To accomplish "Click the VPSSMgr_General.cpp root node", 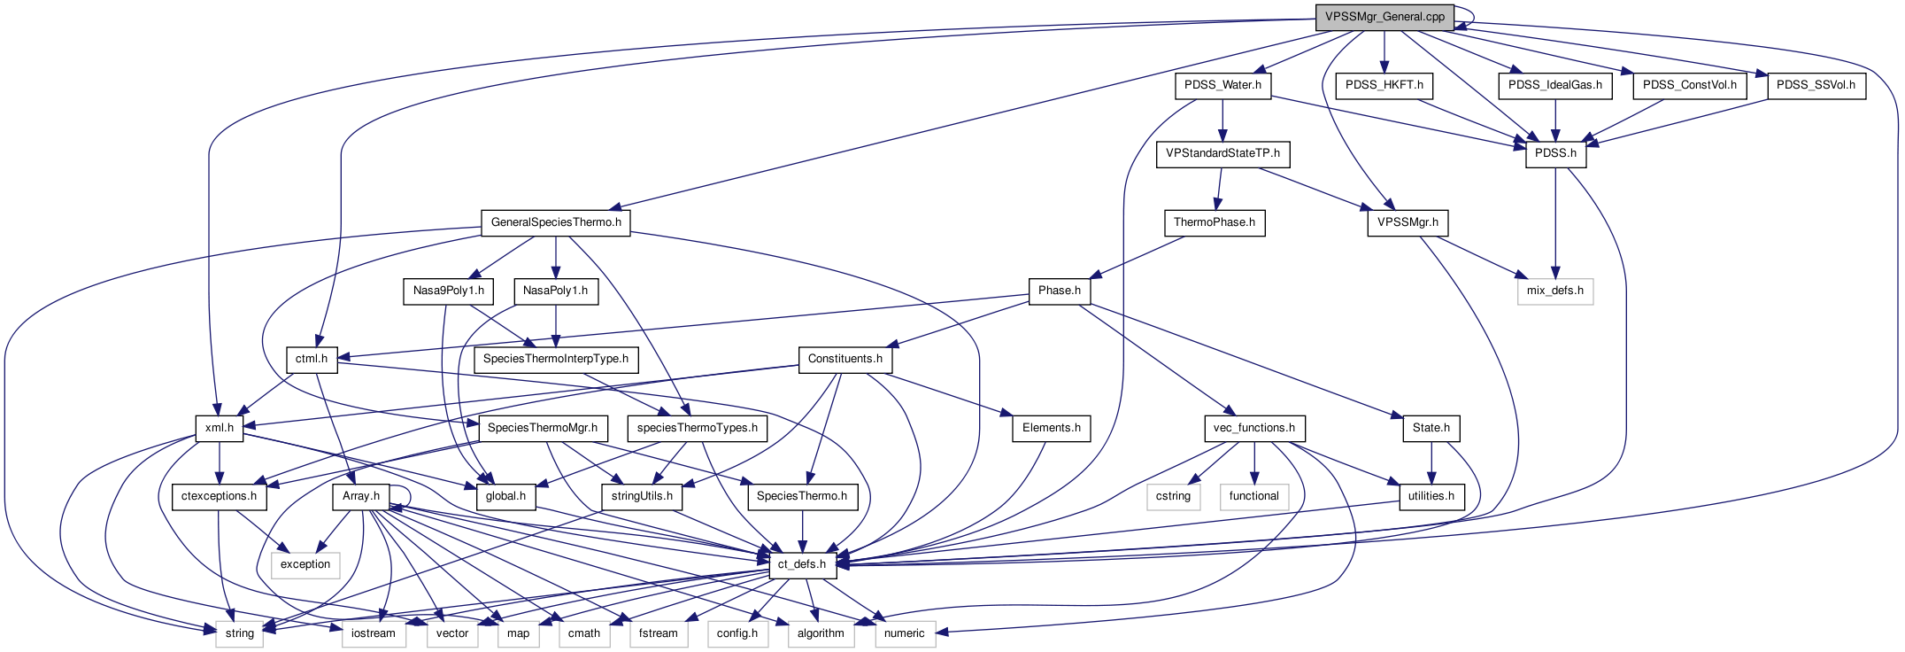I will click(x=1384, y=17).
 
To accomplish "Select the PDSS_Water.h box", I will click(x=1222, y=85).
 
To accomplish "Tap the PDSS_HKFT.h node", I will click(x=1384, y=85).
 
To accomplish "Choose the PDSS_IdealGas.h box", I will click(x=1555, y=85).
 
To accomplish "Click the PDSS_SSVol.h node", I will click(x=1816, y=85).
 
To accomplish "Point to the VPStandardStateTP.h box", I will click(x=1222, y=153).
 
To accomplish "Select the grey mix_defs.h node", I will click(x=1555, y=291).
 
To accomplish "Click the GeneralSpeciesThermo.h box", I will click(x=556, y=222).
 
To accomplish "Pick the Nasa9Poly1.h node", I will click(x=449, y=291).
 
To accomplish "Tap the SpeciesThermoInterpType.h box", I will click(x=556, y=359).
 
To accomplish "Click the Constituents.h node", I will click(x=845, y=359).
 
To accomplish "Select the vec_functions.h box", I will click(x=1253, y=428).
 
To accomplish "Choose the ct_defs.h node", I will click(x=802, y=564).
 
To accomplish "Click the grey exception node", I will click(x=305, y=564).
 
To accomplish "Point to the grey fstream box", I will click(x=659, y=633).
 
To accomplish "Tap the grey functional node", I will click(x=1253, y=496).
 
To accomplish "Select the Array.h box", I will click(x=361, y=496).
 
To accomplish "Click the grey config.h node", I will click(x=737, y=633).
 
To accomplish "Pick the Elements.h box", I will click(x=1052, y=428).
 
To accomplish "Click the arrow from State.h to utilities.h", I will click(x=1431, y=462).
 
